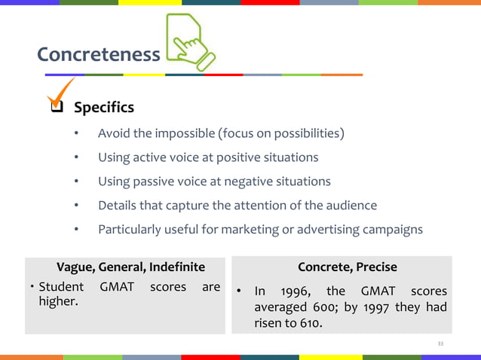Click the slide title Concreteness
98,54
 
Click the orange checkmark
60,95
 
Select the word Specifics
104,108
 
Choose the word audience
351,205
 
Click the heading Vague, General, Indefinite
130,267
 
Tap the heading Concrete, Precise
347,267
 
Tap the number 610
308,325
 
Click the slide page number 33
441,343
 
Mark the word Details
118,205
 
